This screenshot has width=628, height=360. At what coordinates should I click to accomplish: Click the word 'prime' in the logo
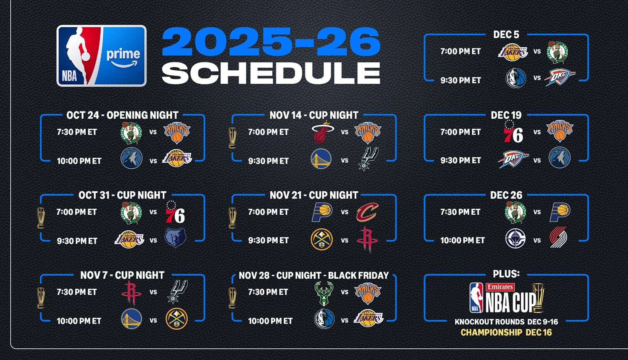click(123, 54)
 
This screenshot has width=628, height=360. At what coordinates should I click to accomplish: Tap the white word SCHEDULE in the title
click(271, 73)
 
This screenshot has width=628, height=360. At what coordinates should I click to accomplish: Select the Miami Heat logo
click(322, 132)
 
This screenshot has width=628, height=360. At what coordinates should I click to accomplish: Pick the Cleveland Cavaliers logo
click(367, 212)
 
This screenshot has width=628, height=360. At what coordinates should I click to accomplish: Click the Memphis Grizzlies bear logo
click(175, 238)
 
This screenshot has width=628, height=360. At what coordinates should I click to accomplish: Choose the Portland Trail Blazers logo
click(558, 237)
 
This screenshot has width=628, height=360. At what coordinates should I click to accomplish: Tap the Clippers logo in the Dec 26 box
click(515, 238)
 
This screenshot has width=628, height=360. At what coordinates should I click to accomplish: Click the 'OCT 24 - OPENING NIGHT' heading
click(122, 115)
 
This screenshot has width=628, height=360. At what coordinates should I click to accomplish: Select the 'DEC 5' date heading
click(506, 35)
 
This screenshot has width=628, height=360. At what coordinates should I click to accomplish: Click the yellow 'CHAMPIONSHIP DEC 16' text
click(506, 332)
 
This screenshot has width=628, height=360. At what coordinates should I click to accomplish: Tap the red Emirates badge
click(500, 287)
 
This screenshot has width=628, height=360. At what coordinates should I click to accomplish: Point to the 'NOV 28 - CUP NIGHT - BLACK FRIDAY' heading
click(314, 275)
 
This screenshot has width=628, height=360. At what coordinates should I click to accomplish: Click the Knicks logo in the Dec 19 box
click(560, 131)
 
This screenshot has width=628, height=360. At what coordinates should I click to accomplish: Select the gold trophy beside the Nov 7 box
click(41, 298)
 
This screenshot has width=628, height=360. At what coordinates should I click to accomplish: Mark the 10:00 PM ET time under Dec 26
click(462, 240)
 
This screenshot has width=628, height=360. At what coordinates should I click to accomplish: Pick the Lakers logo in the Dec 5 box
click(513, 52)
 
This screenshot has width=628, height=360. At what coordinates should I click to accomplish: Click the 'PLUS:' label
click(506, 274)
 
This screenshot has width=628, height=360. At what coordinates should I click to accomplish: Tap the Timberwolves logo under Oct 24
click(132, 158)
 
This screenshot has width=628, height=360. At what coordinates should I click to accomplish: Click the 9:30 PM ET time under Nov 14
click(268, 161)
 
